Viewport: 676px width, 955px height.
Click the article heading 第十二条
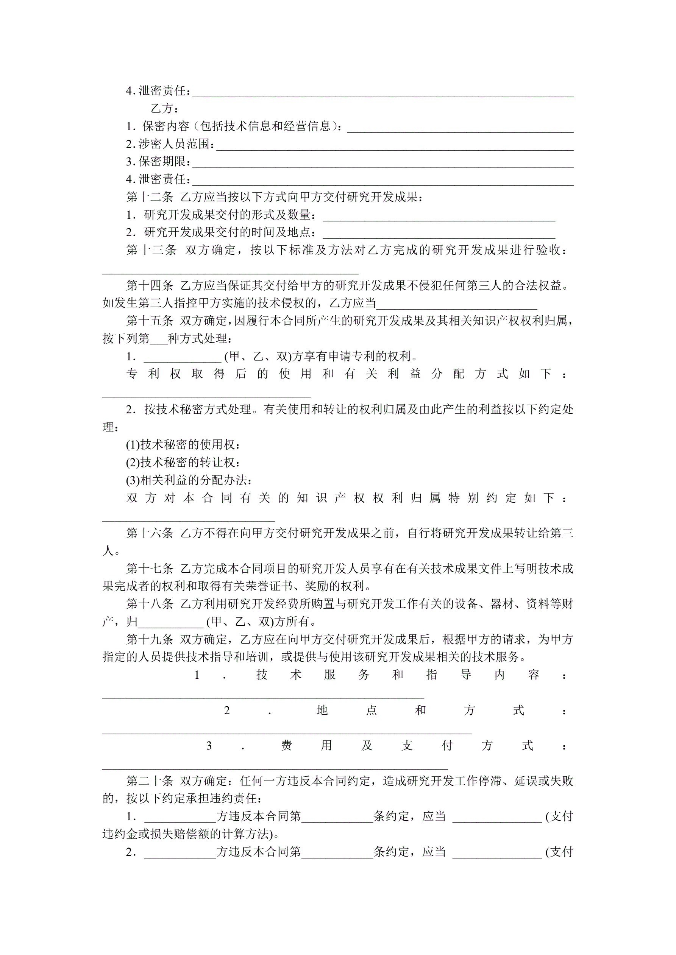[150, 197]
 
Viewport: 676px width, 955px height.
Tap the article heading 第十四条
[150, 285]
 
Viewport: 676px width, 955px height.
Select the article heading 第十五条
[150, 321]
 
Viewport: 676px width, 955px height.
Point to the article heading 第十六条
[150, 533]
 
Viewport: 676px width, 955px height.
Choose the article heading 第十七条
[150, 569]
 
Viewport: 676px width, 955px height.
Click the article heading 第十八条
[150, 604]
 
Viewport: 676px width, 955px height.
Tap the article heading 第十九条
[150, 639]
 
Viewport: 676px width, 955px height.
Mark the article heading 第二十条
[150, 781]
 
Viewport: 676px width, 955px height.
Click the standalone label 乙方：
[165, 109]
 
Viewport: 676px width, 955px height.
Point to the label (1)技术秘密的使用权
[183, 445]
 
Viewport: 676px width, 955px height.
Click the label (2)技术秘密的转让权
[183, 463]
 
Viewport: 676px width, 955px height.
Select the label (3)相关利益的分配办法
[189, 480]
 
